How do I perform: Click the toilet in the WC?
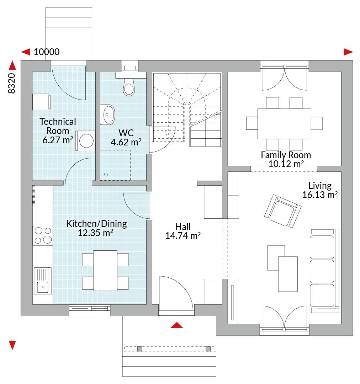(x=129, y=87)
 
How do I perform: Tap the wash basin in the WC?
(x=107, y=114)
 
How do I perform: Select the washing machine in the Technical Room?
(x=85, y=141)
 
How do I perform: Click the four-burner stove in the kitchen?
(x=43, y=236)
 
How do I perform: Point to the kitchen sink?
(x=43, y=281)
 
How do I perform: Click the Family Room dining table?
(x=284, y=124)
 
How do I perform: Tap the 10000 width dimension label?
(x=47, y=52)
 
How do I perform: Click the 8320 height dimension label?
(x=12, y=83)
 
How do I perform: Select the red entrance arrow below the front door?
(x=177, y=325)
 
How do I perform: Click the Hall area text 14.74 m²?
(x=183, y=236)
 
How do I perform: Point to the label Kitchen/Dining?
(x=96, y=224)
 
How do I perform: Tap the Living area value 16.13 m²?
(x=320, y=195)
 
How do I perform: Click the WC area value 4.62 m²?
(x=126, y=142)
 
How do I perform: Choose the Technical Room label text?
(x=58, y=126)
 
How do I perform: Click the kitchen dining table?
(x=105, y=271)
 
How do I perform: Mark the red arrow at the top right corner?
(x=348, y=52)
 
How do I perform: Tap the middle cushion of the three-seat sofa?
(x=322, y=271)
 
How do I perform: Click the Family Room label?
(x=286, y=155)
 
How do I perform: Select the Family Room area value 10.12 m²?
(x=286, y=164)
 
